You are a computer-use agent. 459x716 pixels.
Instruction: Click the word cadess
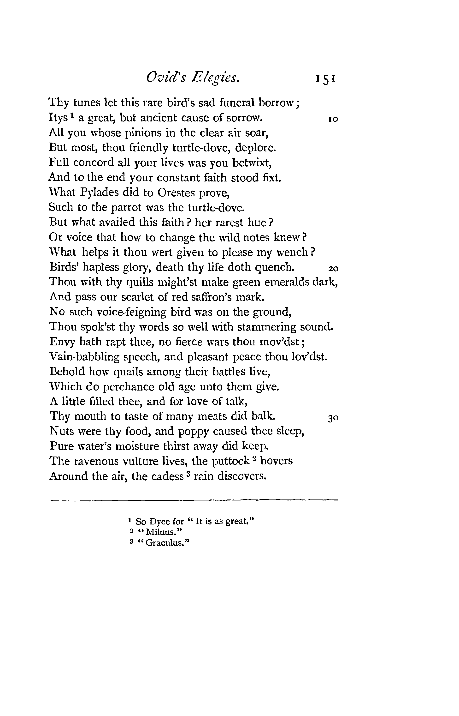click(x=167, y=476)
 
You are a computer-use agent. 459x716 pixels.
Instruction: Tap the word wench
click(x=292, y=253)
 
